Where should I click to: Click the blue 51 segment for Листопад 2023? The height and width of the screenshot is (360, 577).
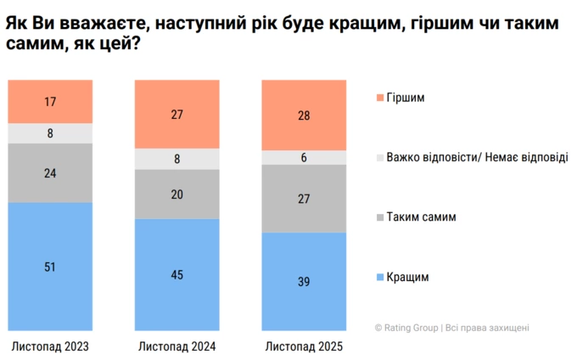click(x=50, y=266)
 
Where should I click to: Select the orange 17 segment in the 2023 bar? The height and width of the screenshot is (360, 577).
click(x=50, y=101)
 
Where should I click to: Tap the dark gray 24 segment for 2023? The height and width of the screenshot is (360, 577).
click(x=50, y=172)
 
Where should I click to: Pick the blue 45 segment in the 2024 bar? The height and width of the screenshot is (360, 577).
click(x=177, y=274)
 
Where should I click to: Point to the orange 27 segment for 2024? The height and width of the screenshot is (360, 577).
click(x=177, y=114)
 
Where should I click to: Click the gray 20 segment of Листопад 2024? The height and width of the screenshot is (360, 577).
click(x=177, y=194)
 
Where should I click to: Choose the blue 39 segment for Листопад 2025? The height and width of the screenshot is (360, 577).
click(x=305, y=281)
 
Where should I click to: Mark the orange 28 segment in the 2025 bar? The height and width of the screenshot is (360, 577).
click(x=305, y=115)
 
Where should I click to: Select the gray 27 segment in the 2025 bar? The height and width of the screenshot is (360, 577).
click(x=305, y=198)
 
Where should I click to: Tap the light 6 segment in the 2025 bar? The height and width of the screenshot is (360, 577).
click(x=305, y=157)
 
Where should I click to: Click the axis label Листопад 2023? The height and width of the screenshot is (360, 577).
click(x=50, y=346)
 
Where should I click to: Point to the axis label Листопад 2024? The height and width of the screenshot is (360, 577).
click(x=177, y=346)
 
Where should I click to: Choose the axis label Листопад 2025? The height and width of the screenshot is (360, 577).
click(x=305, y=346)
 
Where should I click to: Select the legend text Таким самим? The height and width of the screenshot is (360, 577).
click(x=421, y=217)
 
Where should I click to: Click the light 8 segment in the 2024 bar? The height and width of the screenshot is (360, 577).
click(x=177, y=158)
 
